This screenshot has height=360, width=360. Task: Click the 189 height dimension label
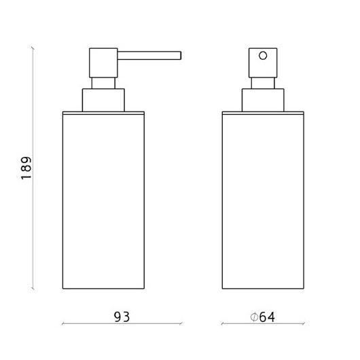click(26, 168)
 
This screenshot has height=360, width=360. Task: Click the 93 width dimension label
click(122, 317)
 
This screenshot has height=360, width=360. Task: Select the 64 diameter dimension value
click(267, 317)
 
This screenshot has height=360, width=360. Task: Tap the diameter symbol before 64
click(255, 317)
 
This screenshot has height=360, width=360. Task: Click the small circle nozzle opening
click(263, 56)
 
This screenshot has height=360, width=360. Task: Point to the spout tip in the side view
click(181, 56)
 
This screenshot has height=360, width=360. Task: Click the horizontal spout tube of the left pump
click(149, 56)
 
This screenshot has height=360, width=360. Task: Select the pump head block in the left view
click(103, 63)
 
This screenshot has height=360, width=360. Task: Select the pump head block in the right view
click(263, 63)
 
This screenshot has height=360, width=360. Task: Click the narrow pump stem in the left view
click(103, 83)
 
